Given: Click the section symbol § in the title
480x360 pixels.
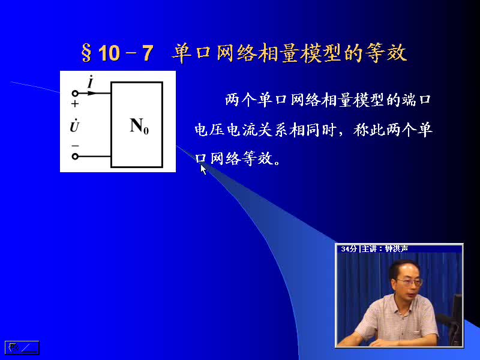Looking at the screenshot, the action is [86, 53].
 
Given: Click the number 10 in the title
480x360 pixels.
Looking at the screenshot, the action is [109, 53].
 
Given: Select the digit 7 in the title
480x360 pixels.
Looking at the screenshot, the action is [148, 53].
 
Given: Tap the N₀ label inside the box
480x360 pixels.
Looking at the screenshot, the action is [139, 126].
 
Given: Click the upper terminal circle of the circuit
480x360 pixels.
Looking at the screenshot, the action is [75, 93].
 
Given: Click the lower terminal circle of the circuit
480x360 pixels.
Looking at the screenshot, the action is [75, 157].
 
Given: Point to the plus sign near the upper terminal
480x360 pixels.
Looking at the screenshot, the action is [75, 104].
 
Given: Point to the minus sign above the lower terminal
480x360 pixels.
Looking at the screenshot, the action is [75, 146].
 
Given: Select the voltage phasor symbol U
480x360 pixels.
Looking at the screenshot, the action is [74, 125].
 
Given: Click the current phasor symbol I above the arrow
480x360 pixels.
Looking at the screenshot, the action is [91, 82].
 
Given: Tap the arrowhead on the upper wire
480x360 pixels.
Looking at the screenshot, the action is [92, 93].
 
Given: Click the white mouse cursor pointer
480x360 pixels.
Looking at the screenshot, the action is [203, 169].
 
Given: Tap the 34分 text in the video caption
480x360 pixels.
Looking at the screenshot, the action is [349, 249].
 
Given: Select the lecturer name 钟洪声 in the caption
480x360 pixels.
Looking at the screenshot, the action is [397, 249].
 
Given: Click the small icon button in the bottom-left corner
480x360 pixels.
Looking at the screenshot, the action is [22, 348].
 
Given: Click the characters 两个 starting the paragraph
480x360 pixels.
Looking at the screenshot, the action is [241, 100].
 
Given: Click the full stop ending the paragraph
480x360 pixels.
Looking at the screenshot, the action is [277, 163].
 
